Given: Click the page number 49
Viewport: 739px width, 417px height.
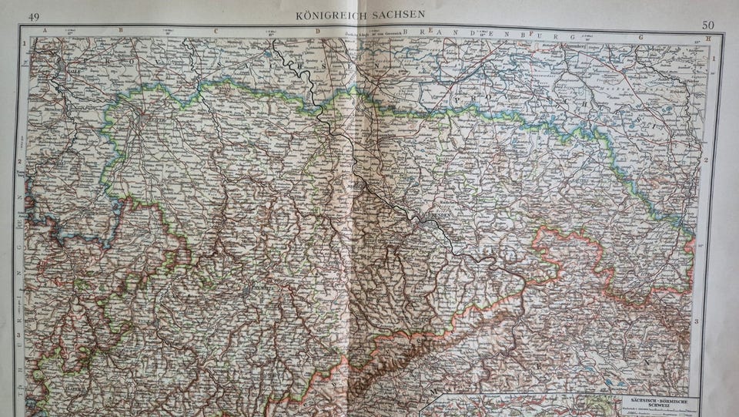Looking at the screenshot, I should coord(34,17).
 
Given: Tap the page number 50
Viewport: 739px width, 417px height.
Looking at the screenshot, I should coord(707,25).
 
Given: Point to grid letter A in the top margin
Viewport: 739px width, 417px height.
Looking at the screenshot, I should coord(44,30).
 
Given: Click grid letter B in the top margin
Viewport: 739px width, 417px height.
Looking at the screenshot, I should coord(119,31).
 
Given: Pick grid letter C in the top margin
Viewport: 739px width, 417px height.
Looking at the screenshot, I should coord(216,32).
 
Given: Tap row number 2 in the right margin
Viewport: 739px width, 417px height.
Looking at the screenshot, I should coord(705,160).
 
